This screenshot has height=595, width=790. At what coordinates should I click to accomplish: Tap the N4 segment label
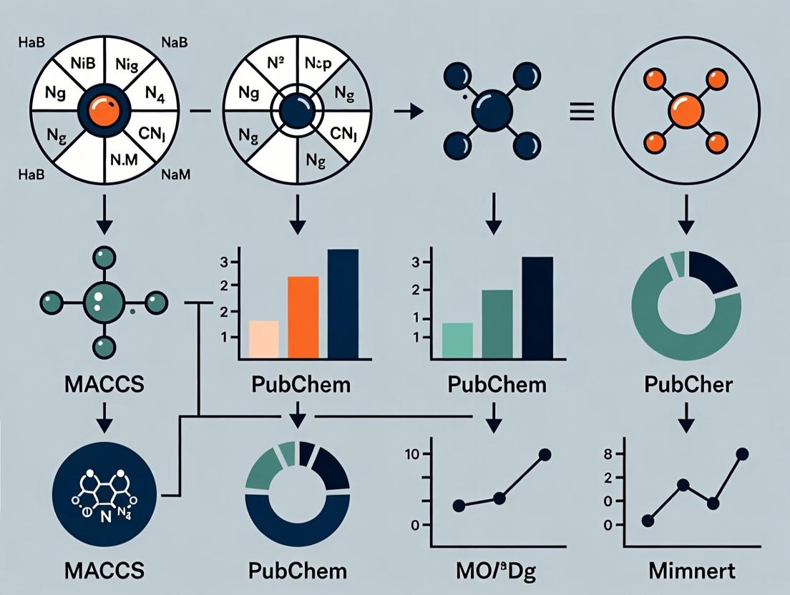tap(155, 93)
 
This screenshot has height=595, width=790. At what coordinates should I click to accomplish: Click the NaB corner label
tap(175, 41)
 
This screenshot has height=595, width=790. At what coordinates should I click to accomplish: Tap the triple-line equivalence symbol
tap(580, 112)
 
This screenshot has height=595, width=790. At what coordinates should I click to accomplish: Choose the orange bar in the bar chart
tap(303, 316)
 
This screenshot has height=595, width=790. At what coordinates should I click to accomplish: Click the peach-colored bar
tap(263, 338)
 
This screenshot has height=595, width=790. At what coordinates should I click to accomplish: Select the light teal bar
tap(458, 340)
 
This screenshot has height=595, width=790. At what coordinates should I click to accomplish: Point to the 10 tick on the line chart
tap(415, 454)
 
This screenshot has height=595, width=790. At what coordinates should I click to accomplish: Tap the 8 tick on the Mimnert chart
tap(610, 453)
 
